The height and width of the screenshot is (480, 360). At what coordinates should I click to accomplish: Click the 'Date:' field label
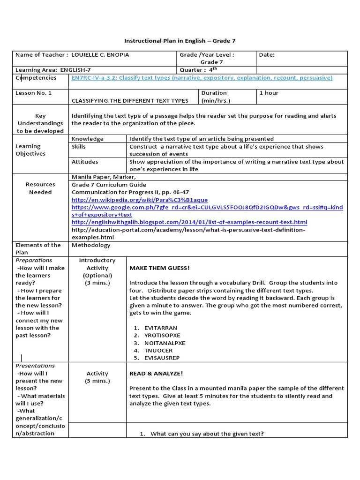267,55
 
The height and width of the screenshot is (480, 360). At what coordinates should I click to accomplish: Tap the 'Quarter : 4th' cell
199,70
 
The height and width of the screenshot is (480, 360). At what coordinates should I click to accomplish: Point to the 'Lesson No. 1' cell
34,93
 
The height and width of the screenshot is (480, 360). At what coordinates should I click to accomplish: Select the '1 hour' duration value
269,93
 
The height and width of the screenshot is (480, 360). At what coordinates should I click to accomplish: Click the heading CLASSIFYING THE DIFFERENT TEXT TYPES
130,100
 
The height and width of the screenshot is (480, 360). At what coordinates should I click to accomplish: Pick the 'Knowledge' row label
88,139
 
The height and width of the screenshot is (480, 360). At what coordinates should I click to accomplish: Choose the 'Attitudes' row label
85,162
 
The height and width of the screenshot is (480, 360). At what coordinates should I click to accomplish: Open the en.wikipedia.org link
140,200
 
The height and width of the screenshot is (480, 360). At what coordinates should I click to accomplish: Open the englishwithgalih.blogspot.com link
189,222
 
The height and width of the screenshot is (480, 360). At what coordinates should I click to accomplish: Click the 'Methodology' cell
91,245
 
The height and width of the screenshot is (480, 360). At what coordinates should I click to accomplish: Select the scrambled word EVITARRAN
161,328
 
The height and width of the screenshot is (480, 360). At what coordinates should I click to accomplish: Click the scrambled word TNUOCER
159,351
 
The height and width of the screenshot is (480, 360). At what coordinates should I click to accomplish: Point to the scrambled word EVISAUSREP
163,358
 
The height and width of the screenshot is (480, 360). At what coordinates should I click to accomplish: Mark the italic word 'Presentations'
35,366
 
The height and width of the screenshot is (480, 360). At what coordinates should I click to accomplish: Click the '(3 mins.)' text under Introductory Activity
97,283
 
